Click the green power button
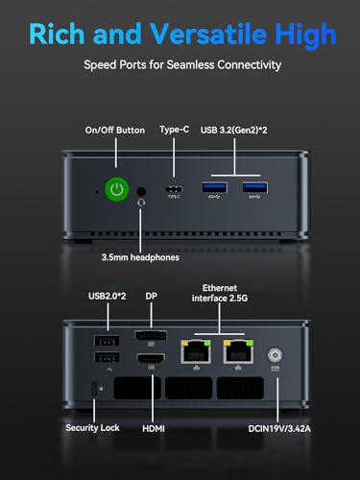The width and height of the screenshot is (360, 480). point(116,190)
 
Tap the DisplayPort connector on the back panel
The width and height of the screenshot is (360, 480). point(151,339)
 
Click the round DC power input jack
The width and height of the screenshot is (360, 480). point(276,353)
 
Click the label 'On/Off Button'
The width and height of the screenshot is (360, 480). point(116,131)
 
